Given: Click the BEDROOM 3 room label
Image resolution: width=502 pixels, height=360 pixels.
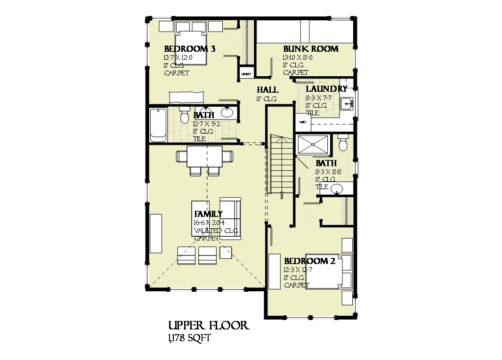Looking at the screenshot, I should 189,49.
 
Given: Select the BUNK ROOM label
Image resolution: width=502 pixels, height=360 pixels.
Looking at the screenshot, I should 310,49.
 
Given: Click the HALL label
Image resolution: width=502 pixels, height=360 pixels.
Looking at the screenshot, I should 267,90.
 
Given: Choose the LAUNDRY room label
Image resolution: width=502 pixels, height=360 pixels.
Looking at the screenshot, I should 326,89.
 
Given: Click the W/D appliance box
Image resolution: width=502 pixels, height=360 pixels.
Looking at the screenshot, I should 303,122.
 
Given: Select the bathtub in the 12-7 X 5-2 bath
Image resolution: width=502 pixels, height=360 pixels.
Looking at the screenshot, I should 158,125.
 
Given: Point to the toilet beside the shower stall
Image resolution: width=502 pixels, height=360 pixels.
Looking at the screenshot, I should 343,142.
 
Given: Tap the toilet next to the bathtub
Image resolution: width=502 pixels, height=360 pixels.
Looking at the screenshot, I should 185,113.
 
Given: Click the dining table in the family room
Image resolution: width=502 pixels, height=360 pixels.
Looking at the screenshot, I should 204,157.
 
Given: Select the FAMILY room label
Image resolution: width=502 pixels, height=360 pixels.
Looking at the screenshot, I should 208,214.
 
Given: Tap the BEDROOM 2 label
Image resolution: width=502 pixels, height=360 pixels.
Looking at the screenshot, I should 309,261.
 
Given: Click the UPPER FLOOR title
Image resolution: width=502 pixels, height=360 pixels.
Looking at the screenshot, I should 208,326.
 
